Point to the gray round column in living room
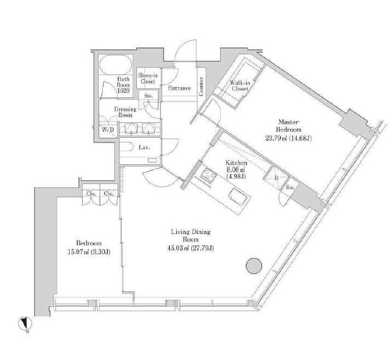point(252,266)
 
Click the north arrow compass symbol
point(25,324)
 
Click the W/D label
point(107,130)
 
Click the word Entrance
point(179,88)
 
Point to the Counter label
point(201,87)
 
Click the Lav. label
point(144,147)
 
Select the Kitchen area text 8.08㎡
point(237,170)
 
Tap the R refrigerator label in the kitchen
point(276,178)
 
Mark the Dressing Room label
point(125,112)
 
